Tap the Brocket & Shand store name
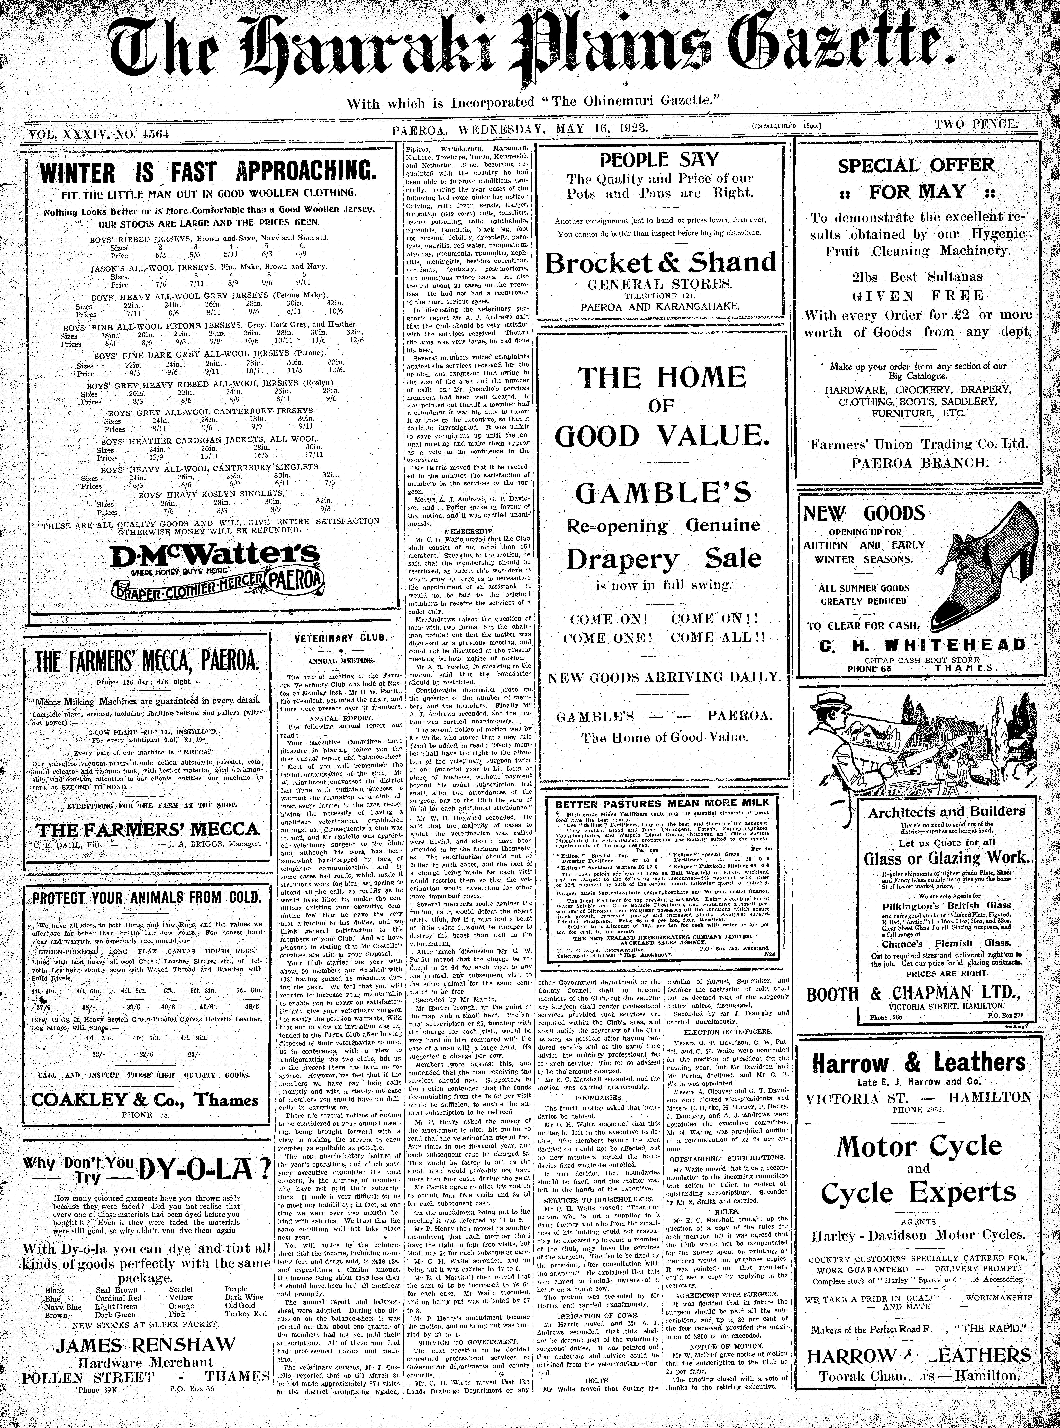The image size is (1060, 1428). pos(660,262)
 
